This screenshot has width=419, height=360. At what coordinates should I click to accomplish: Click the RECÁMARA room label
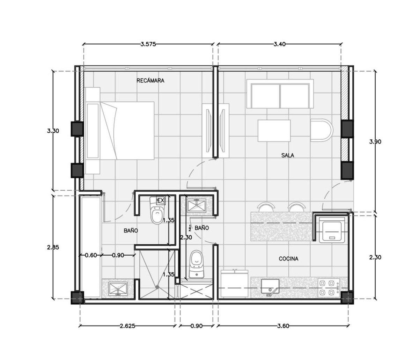pos(150,81)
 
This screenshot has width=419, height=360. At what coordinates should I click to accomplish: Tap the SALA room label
pos(288,155)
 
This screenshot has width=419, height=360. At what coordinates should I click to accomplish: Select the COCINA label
pos(288,259)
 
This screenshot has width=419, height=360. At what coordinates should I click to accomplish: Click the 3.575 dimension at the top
pos(148,44)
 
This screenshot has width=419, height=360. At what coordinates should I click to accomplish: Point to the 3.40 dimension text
pos(280,44)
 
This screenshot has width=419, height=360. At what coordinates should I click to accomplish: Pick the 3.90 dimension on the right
pos(375,142)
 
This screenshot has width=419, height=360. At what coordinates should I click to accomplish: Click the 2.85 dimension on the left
pos(53,247)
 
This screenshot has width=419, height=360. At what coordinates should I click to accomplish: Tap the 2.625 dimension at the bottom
pos(127,326)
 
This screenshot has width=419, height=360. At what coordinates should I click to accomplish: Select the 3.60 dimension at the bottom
pos(283,326)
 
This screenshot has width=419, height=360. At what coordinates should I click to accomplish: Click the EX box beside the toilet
pos(161,200)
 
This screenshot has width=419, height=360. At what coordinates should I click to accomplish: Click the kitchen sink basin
pos(270,286)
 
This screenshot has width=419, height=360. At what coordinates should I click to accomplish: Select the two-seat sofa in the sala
pos(280,94)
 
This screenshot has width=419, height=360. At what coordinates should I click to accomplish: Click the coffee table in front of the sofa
pos(274,131)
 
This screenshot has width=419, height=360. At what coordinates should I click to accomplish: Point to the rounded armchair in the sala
pos(322,130)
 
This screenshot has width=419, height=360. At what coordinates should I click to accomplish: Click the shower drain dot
pos(157,287)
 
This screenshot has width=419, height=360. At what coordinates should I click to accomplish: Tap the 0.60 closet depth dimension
pos(91,255)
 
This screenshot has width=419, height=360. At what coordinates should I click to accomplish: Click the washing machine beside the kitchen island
pos(332,230)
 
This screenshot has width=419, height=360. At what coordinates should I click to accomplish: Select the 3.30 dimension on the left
pos(53,131)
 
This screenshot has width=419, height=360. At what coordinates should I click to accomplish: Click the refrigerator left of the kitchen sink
pos(234,284)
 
